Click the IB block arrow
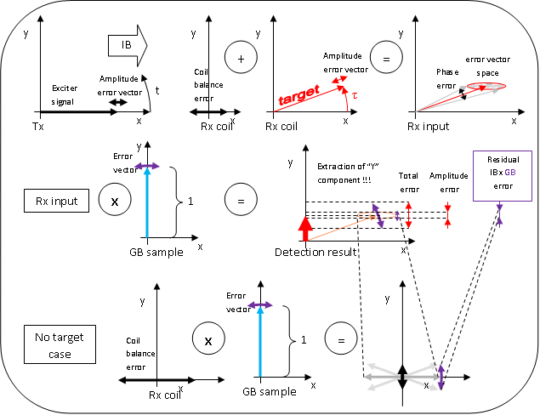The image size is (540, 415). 128,45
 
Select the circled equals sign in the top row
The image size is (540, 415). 385,60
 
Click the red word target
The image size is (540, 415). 298,96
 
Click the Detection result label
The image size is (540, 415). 315,253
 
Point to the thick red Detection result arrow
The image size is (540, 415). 306,230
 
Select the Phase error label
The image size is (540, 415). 447,78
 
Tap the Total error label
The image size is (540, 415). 409,181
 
